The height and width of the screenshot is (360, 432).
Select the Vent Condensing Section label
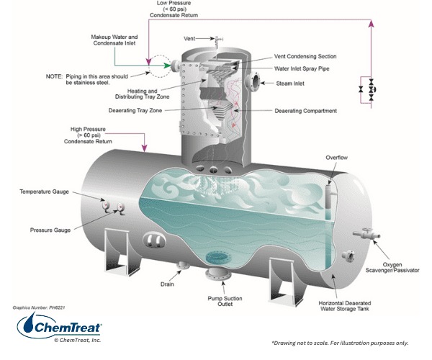[x=305, y=56]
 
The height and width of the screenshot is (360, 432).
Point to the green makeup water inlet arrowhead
[x=170, y=66]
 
